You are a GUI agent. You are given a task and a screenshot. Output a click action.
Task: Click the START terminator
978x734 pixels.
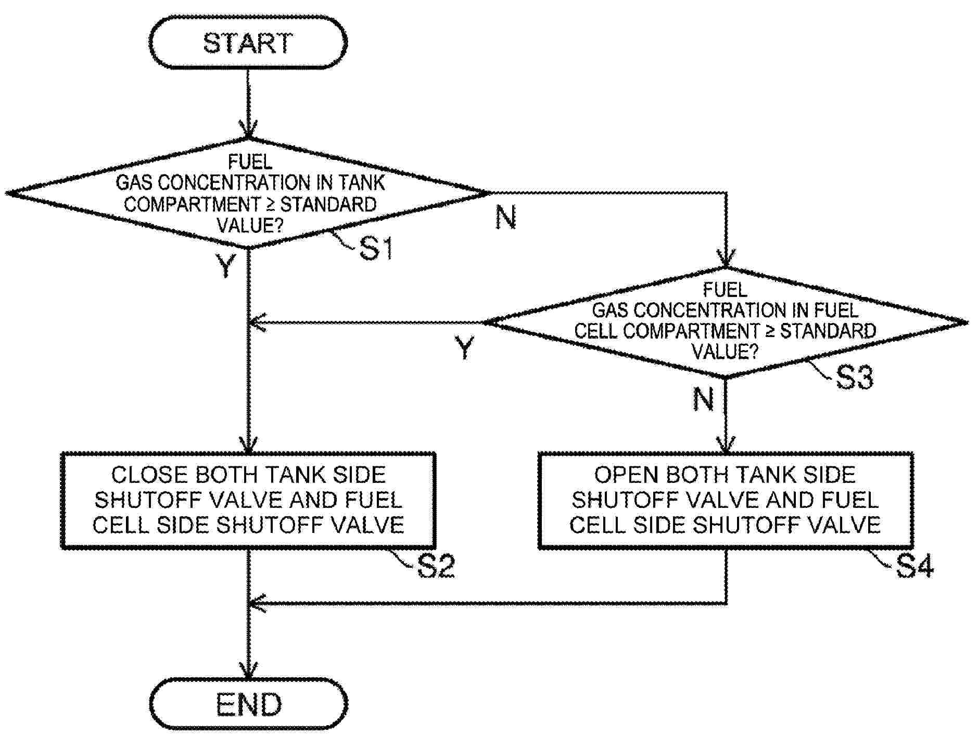(x=248, y=43)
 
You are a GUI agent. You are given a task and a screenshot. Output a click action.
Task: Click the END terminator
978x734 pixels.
(x=248, y=704)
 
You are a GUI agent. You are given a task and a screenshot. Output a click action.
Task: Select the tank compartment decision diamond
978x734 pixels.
(x=248, y=193)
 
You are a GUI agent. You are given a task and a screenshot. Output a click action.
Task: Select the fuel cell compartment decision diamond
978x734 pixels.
(x=726, y=322)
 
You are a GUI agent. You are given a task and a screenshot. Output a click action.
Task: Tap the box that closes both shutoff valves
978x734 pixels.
(x=248, y=500)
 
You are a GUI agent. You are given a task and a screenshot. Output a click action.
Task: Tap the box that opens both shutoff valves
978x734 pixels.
(x=726, y=500)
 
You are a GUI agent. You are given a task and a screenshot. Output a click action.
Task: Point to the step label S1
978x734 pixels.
(x=376, y=249)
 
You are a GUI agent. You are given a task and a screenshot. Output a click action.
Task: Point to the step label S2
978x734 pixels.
(x=436, y=566)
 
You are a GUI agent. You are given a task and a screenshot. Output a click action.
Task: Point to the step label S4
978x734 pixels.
(x=915, y=566)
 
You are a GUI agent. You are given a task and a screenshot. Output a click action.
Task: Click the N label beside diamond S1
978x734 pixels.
(x=505, y=217)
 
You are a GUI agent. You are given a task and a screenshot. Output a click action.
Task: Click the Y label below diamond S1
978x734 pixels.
(x=226, y=266)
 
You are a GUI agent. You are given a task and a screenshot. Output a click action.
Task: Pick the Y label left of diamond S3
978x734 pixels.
(x=465, y=348)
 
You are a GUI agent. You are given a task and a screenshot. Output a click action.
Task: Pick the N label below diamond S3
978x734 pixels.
(x=703, y=400)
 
